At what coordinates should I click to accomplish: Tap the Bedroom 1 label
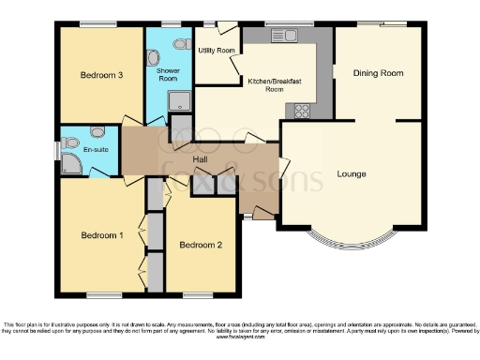click(101, 234)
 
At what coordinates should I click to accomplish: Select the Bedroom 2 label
click(201, 245)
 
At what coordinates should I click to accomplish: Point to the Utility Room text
click(217, 50)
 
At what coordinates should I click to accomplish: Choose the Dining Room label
click(378, 73)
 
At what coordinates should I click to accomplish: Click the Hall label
click(200, 160)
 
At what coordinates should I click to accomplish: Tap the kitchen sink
click(283, 37)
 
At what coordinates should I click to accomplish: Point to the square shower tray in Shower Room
click(182, 103)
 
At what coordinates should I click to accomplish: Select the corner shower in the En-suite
click(69, 166)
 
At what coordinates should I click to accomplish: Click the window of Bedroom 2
click(200, 294)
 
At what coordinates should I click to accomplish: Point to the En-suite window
click(56, 150)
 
